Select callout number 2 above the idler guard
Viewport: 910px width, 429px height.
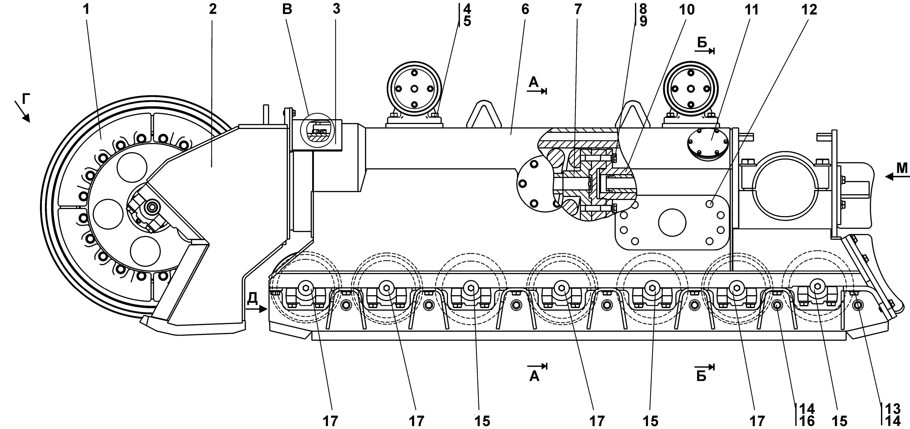click(212, 10)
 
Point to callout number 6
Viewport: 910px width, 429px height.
click(525, 10)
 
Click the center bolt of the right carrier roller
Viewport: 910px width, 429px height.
click(691, 88)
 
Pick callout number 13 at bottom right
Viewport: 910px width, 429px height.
click(893, 409)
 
